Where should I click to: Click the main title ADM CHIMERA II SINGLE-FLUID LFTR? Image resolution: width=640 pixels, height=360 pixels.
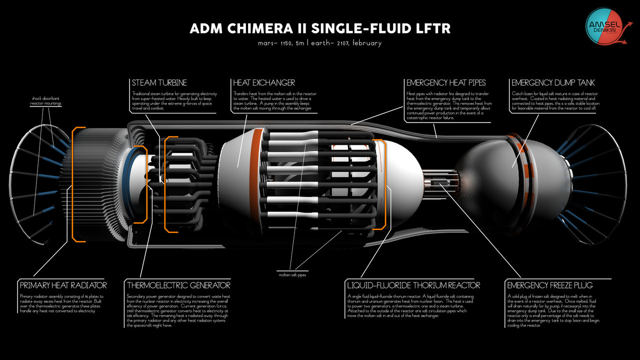(320, 28)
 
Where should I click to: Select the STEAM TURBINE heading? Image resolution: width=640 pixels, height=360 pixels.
(159, 82)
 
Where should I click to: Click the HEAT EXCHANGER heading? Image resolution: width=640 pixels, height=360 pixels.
(264, 82)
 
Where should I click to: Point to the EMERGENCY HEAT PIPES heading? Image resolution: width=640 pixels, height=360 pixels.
(446, 82)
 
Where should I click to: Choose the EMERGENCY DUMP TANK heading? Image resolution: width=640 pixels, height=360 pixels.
(553, 82)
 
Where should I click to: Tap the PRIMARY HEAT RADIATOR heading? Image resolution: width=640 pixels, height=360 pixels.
(63, 285)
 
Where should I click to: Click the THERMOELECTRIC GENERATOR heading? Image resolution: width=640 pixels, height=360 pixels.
(178, 285)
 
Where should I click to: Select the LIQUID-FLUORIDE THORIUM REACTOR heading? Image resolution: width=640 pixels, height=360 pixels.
(413, 285)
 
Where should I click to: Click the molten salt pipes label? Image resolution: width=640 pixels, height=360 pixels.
(293, 274)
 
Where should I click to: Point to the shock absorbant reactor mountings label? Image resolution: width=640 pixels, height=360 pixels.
(45, 101)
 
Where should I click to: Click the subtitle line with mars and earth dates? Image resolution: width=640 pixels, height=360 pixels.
(320, 43)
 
